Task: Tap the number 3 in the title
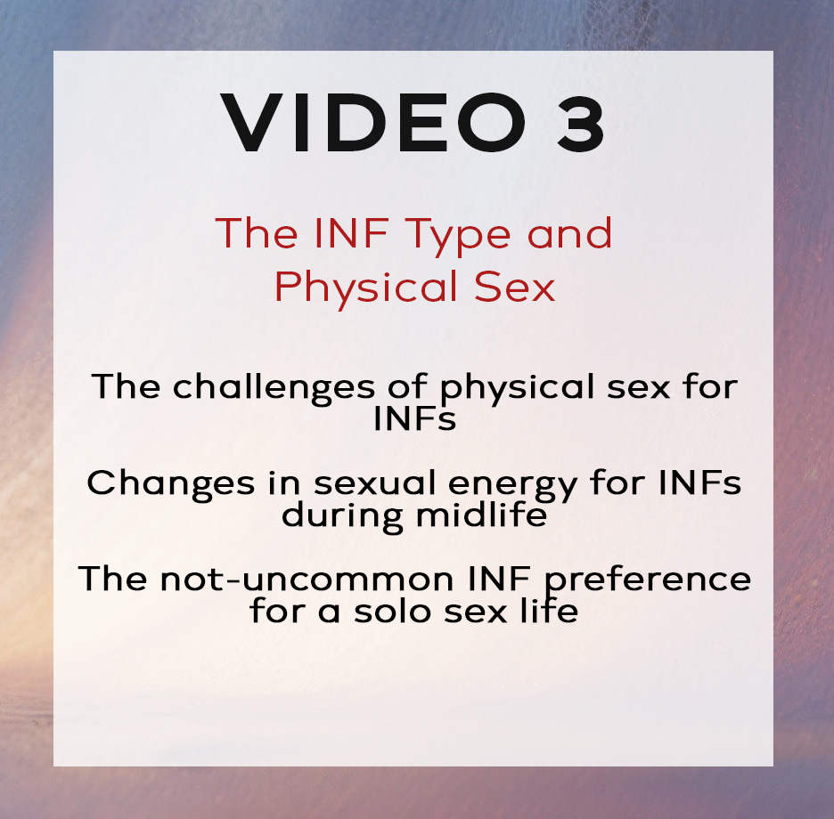(x=580, y=124)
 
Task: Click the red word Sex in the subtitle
(x=514, y=287)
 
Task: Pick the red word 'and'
(x=569, y=232)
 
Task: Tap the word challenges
(x=274, y=386)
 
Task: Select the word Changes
(x=171, y=484)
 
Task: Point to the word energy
(x=512, y=485)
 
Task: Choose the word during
(x=342, y=515)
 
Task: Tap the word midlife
(x=482, y=514)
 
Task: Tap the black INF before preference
(x=499, y=579)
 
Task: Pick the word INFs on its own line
(x=415, y=418)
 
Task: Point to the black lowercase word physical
(x=517, y=387)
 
